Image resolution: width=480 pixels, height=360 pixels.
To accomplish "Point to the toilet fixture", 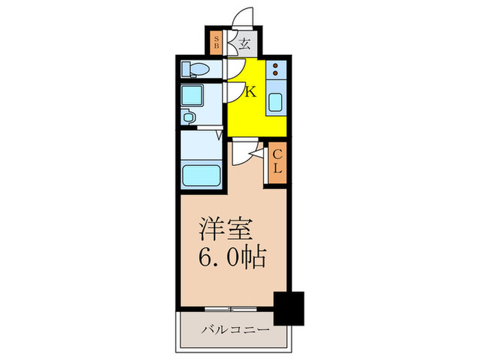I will [x=198, y=69].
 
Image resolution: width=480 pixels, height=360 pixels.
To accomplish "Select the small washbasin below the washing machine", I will [x=189, y=118].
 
